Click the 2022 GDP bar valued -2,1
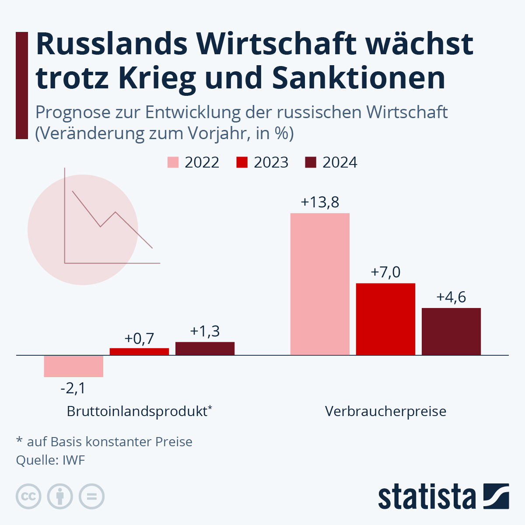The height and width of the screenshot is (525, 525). point(73,366)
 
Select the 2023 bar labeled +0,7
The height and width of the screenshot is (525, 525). point(139,351)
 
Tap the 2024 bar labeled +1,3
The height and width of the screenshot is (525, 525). point(205,348)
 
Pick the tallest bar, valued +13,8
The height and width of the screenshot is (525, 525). point(320,284)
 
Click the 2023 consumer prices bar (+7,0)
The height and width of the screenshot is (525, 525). point(385,319)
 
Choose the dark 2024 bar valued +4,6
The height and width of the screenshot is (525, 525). point(451,331)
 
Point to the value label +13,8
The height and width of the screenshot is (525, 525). point(320,203)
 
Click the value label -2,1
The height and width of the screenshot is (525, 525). point(73,388)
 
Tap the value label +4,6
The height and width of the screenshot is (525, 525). point(451,297)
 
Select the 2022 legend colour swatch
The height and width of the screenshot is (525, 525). point(173,162)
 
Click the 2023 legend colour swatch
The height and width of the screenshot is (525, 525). point(242,162)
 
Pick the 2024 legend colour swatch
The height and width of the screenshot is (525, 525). point(311,162)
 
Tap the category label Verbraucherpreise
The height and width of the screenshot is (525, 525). point(385,412)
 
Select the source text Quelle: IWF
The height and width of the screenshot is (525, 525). point(50,460)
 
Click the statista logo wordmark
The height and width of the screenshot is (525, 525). point(427,497)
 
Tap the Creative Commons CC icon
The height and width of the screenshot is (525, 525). point(28,497)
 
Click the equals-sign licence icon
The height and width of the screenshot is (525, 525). point(91,497)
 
